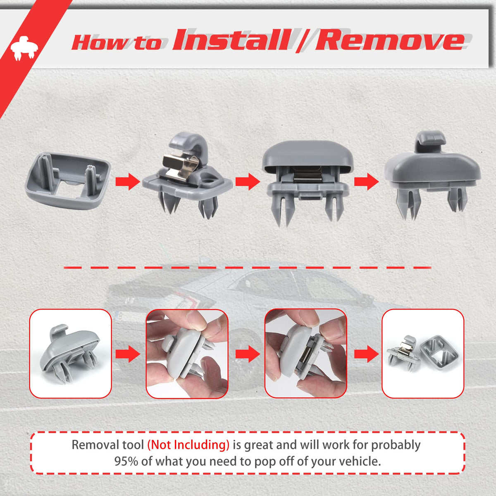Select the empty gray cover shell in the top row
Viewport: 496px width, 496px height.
coord(68,181)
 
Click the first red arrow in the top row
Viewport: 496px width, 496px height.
coord(128,182)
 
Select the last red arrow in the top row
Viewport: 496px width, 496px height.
coord(366,182)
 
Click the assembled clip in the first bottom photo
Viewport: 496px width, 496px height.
coord(69,354)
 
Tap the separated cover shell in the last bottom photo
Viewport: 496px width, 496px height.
coord(439,352)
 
